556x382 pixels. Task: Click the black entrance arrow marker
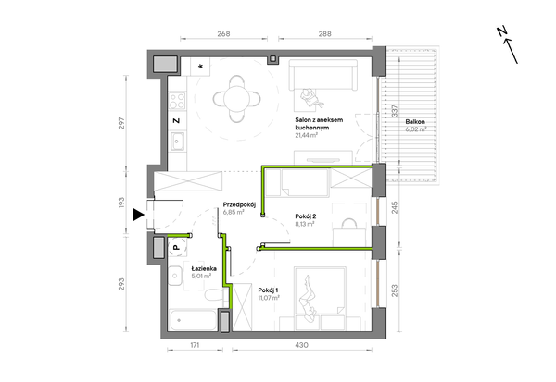tap(138, 215)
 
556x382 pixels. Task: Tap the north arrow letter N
tap(501, 31)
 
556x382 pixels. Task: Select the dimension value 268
tap(223, 33)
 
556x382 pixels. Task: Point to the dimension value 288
tap(325, 33)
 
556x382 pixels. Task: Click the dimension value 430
tap(302, 345)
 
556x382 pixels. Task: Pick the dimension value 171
tap(195, 345)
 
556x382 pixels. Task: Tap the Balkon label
tap(415, 122)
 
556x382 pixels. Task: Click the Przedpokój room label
tap(239, 204)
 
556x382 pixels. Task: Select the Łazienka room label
tap(204, 268)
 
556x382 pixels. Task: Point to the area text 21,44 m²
tap(307, 135)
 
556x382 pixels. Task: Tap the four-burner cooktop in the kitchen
tap(177, 101)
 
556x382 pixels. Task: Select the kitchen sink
tap(177, 142)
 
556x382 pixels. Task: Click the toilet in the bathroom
tap(213, 294)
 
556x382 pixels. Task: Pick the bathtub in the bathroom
tap(193, 320)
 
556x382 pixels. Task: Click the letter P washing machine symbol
tap(176, 248)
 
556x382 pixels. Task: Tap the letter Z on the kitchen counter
tap(176, 121)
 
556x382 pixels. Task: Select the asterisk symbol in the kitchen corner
tap(201, 67)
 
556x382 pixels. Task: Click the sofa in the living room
tap(323, 75)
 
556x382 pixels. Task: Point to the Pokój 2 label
tap(306, 216)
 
